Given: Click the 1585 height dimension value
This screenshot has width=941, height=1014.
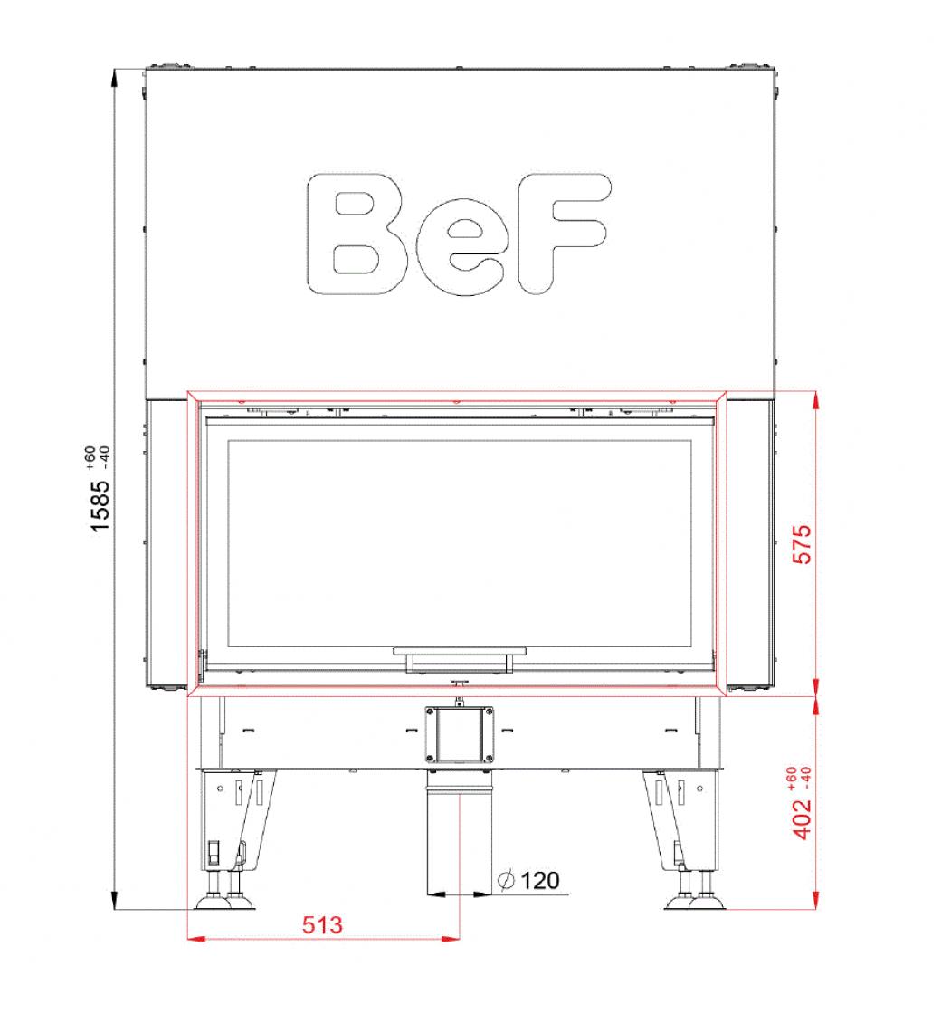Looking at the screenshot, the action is pyautogui.click(x=100, y=506).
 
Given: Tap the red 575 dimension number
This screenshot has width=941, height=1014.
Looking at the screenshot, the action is pyautogui.click(x=802, y=544).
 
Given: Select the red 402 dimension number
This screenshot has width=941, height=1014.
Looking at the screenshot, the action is pyautogui.click(x=802, y=819).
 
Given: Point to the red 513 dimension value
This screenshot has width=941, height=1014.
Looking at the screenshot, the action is pyautogui.click(x=322, y=924).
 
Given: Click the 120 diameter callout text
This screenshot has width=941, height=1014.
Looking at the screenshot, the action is pyautogui.click(x=539, y=880).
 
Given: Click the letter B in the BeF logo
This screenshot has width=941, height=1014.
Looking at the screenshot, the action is pyautogui.click(x=357, y=234).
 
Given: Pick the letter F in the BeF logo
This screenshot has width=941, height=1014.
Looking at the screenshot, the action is pyautogui.click(x=562, y=233).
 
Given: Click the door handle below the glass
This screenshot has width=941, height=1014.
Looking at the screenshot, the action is pyautogui.click(x=460, y=658).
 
